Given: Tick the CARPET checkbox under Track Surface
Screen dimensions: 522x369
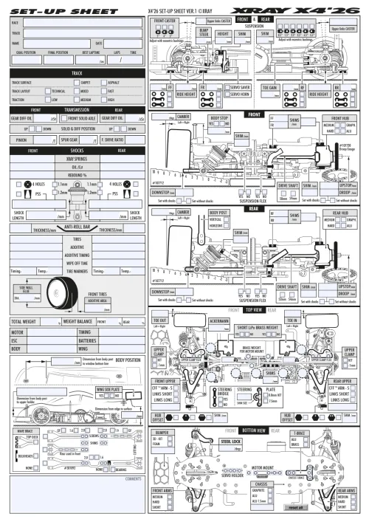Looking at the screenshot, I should click(x=76, y=83).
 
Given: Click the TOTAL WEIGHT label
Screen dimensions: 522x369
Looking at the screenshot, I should click(x=25, y=323).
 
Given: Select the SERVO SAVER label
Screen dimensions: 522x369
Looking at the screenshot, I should click(x=240, y=87).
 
